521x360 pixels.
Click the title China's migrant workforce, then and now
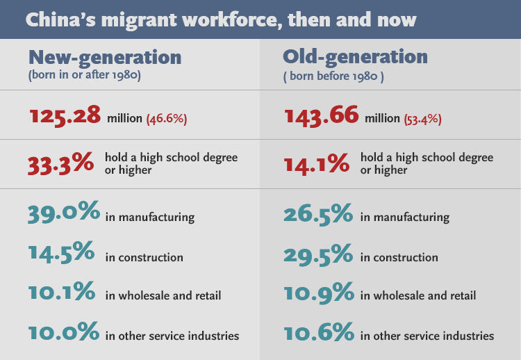[220, 19]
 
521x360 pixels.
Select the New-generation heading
[105, 57]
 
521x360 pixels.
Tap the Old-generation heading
[355, 56]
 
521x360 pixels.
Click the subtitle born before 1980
[333, 75]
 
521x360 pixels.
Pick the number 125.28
[66, 116]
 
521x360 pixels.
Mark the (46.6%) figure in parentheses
[166, 118]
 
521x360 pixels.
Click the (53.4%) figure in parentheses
[422, 118]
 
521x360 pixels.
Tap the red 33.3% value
[61, 163]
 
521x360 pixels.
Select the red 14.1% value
[317, 163]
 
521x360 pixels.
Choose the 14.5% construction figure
[62, 254]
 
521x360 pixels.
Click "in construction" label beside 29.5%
[399, 257]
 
